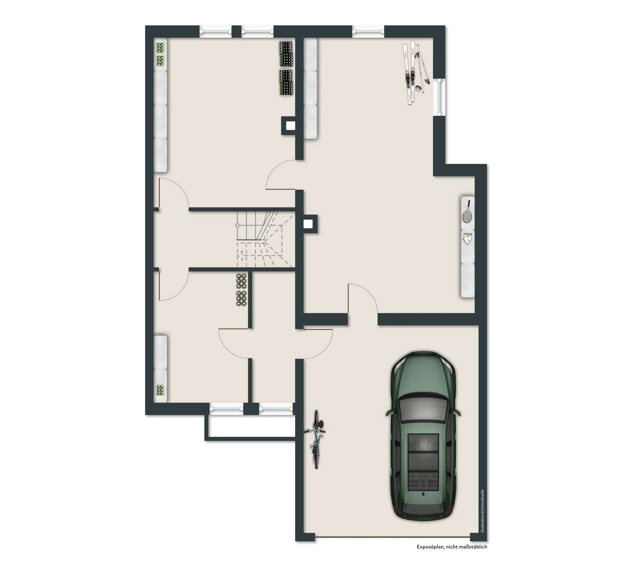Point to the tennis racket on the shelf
(x=467, y=212)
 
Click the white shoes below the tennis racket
(x=467, y=238)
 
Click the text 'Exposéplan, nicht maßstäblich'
(x=452, y=547)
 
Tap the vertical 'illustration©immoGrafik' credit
(x=482, y=511)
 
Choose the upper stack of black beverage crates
(x=286, y=54)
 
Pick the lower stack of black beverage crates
(x=286, y=83)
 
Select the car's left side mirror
(x=388, y=412)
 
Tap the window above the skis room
(x=368, y=30)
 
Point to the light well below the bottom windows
(x=251, y=427)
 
